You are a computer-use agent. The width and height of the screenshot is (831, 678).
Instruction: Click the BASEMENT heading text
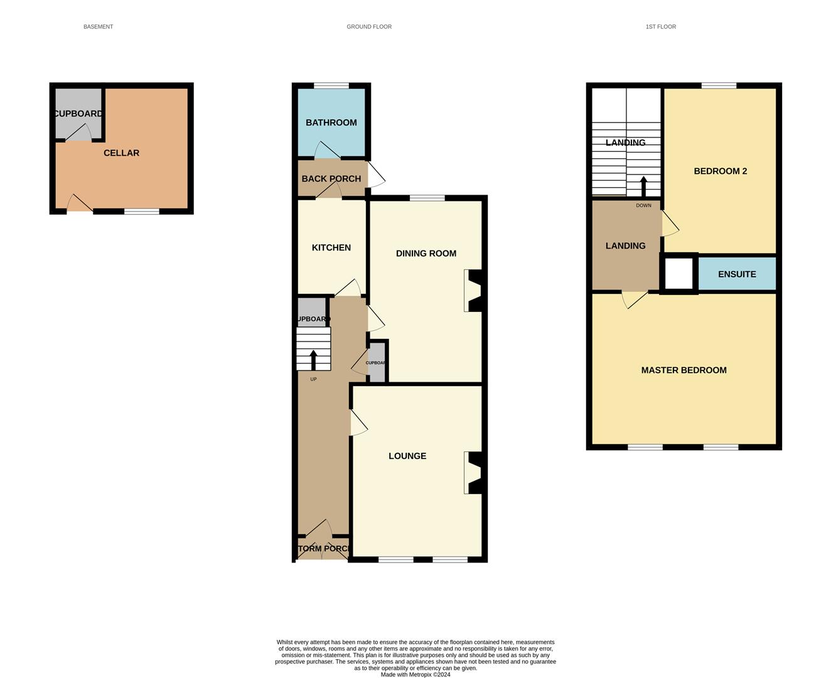click(x=98, y=27)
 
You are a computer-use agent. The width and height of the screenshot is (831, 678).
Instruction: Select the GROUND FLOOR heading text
click(x=369, y=27)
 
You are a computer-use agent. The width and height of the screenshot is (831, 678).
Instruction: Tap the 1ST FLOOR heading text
click(x=660, y=27)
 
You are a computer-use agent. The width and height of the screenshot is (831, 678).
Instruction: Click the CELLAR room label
click(x=121, y=153)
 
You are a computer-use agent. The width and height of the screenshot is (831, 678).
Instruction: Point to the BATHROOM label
click(x=331, y=123)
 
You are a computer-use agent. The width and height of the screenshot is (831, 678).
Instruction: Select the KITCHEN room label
click(x=331, y=248)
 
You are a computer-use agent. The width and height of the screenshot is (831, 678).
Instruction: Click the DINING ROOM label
click(x=426, y=254)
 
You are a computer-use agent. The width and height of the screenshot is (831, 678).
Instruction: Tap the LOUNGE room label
click(x=407, y=456)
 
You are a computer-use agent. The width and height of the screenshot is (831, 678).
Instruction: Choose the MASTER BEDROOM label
click(x=684, y=370)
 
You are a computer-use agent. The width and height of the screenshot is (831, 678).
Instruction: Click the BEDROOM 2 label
click(x=720, y=171)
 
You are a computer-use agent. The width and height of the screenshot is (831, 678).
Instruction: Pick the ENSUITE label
click(x=736, y=274)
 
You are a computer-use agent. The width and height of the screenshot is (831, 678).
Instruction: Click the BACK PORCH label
click(x=331, y=179)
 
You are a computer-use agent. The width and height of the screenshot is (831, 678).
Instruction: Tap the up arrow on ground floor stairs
click(x=313, y=360)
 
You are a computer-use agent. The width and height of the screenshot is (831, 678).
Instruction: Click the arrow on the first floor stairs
click(x=643, y=186)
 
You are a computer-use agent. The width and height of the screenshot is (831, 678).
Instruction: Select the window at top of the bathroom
click(x=331, y=85)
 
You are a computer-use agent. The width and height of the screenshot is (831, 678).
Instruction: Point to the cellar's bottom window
click(x=141, y=212)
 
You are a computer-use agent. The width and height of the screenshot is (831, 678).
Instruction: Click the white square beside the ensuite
click(x=678, y=274)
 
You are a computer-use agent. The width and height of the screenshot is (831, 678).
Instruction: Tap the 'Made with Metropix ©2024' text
click(x=415, y=674)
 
